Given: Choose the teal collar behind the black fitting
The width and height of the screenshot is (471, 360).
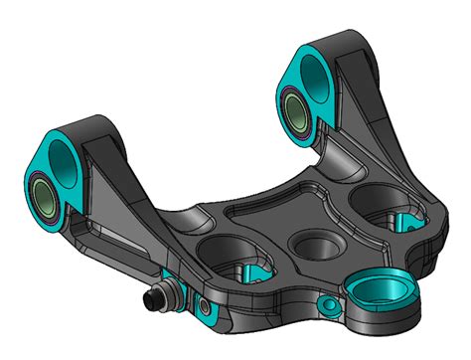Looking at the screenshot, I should tap(177, 290).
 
